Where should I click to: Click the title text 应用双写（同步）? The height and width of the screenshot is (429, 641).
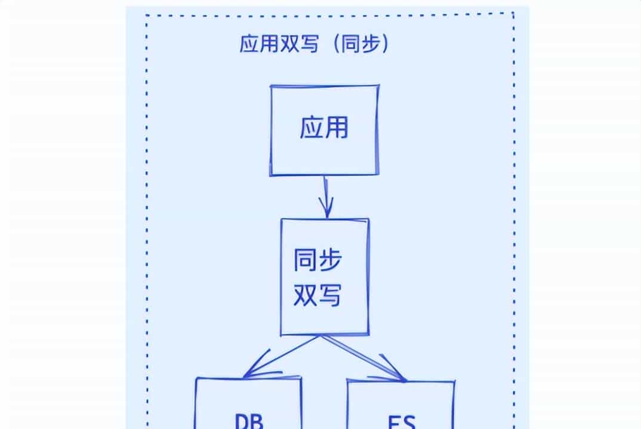coord(314,45)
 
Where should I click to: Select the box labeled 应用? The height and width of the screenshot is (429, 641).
coord(323,130)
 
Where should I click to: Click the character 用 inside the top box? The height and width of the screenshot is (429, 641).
coord(337,128)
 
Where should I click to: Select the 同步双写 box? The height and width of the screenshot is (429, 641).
coord(325,277)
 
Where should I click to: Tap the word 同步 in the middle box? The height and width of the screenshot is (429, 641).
coord(317,261)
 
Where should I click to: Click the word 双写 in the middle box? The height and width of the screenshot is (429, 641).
coord(317,294)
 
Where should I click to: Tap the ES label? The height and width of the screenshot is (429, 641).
coord(400,421)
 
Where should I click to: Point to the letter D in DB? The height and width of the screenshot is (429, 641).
coord(242,420)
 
